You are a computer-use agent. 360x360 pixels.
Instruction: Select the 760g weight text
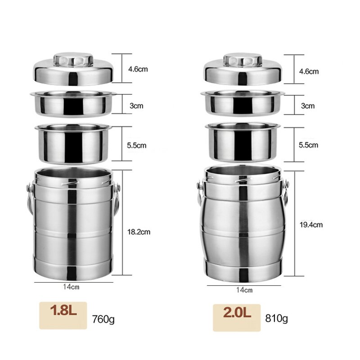tap(103, 319)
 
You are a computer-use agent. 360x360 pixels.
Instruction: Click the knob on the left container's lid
tap(73, 60)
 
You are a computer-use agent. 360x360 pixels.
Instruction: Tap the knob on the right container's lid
tap(243, 60)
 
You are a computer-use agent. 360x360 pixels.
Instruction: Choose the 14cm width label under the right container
tap(244, 290)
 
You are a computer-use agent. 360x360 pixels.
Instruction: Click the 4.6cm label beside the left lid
tap(138, 69)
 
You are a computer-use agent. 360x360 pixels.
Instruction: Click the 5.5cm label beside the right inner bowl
tap(308, 145)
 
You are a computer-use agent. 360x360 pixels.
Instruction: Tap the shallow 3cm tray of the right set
tap(243, 103)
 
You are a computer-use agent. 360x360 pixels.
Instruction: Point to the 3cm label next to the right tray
tap(308, 106)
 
